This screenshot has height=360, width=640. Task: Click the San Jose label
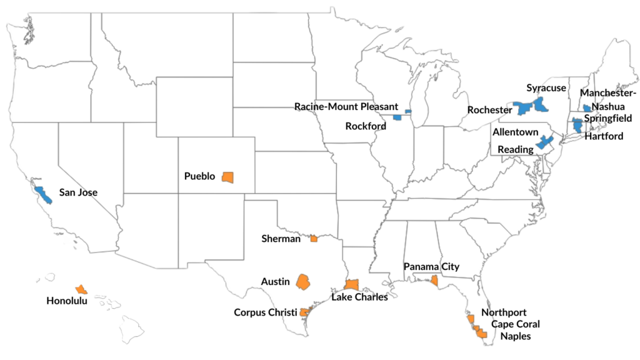coord(78,192)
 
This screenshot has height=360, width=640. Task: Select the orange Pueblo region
coord(228,177)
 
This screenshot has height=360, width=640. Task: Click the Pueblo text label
coord(199,177)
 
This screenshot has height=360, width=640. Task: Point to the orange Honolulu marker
coord(81,289)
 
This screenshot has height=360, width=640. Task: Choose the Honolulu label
coord(67,301)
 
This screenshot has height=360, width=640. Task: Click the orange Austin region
coord(304,281)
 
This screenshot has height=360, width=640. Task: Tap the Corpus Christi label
coord(265,312)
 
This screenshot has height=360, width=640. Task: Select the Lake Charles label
coord(359,297)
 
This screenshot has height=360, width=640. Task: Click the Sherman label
coord(281,238)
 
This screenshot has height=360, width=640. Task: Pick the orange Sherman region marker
coord(314,238)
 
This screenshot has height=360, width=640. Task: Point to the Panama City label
coord(431,267)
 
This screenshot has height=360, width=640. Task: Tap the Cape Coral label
coord(515,324)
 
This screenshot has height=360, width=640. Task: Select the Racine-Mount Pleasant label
coord(346,106)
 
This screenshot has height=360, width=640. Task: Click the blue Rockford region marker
coord(397,117)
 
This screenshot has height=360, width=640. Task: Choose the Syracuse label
coord(546,88)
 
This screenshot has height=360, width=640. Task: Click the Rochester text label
coord(489,110)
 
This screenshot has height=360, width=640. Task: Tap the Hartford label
coord(604,136)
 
